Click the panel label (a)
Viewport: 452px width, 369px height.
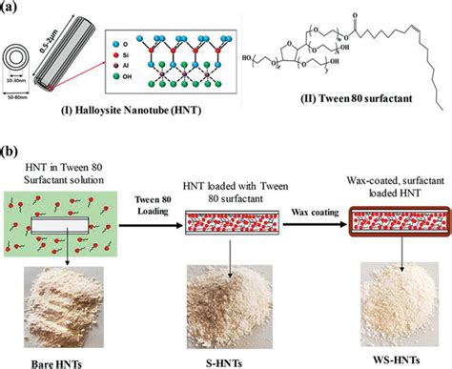tap(10, 9)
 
